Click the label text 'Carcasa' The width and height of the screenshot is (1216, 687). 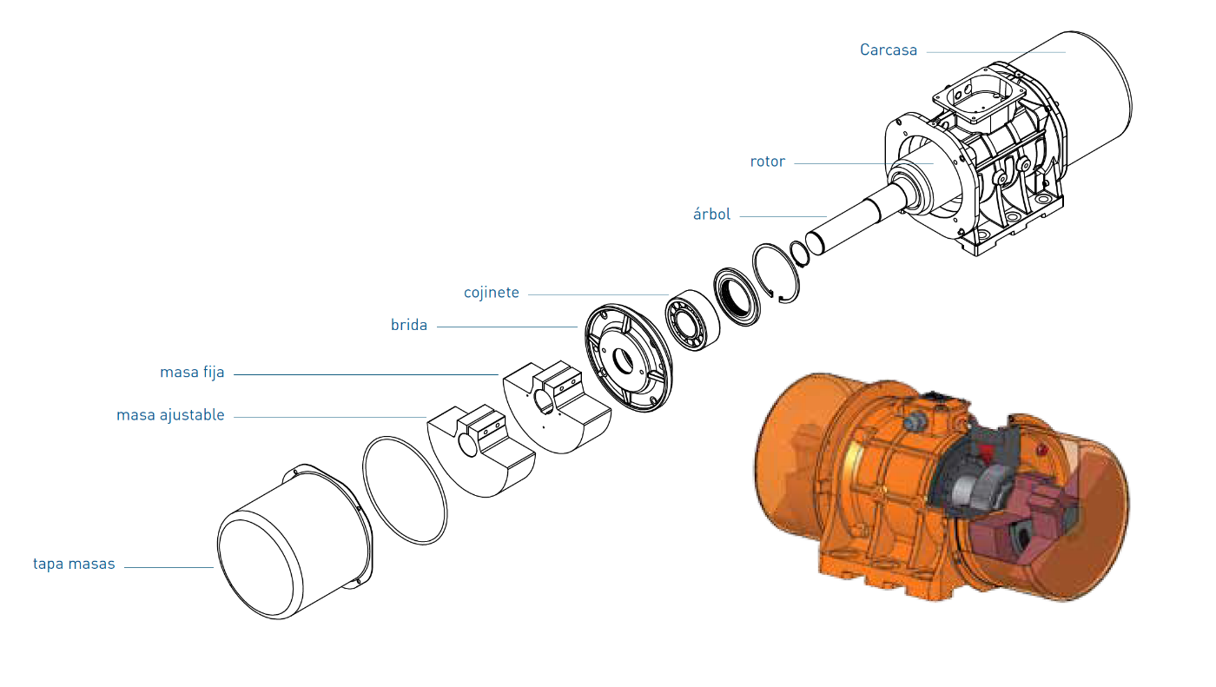pyautogui.click(x=888, y=50)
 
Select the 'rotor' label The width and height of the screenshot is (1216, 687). pyautogui.click(x=767, y=162)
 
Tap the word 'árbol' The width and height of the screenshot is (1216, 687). pyautogui.click(x=711, y=215)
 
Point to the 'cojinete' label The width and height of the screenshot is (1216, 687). pyautogui.click(x=491, y=293)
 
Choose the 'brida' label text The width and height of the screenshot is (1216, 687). pyautogui.click(x=408, y=326)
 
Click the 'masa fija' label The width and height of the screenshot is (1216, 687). pyautogui.click(x=192, y=373)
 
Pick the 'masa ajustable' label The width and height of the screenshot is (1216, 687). pyautogui.click(x=170, y=415)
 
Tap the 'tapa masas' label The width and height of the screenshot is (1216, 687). pyautogui.click(x=74, y=564)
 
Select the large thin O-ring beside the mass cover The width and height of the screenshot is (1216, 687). pyautogui.click(x=405, y=486)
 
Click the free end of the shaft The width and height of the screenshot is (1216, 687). pyautogui.click(x=818, y=241)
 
